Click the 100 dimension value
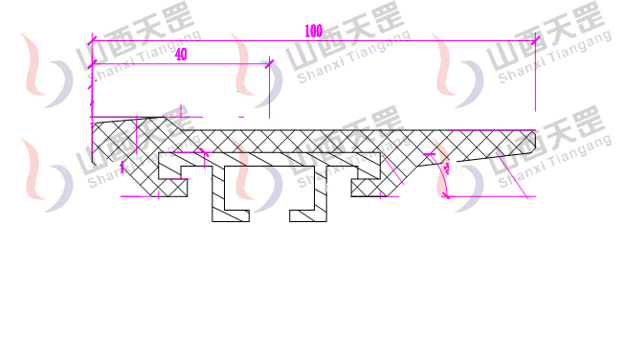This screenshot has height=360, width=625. (312, 31)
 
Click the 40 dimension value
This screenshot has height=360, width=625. (181, 56)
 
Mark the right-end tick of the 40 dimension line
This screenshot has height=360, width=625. (269, 64)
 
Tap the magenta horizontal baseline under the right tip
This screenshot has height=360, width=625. (488, 195)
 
